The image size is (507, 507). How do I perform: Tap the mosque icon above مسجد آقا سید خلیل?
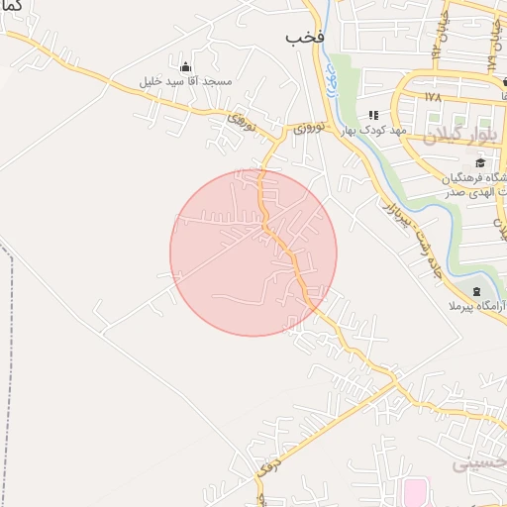[185, 66]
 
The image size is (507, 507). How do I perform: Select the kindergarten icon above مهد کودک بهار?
[373, 115]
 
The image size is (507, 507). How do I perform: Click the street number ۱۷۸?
[431, 97]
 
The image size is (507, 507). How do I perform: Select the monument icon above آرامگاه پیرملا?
[477, 291]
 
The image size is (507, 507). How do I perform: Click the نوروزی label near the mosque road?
[242, 122]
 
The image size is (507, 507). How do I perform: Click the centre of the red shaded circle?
[253, 253]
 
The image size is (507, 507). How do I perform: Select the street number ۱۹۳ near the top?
[434, 45]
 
